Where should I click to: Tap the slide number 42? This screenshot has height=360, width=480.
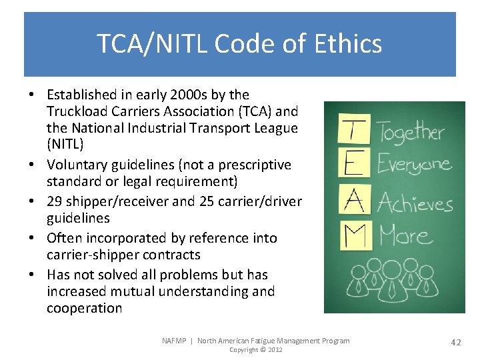pos(456,342)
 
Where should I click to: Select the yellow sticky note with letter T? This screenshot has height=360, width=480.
pos(354,129)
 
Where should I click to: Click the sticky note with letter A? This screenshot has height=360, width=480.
pos(354,199)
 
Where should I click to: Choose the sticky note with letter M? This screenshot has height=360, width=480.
pos(354,235)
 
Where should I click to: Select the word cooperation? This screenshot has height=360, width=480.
pos(84,308)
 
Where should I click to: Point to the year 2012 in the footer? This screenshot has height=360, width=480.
pos(274,350)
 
